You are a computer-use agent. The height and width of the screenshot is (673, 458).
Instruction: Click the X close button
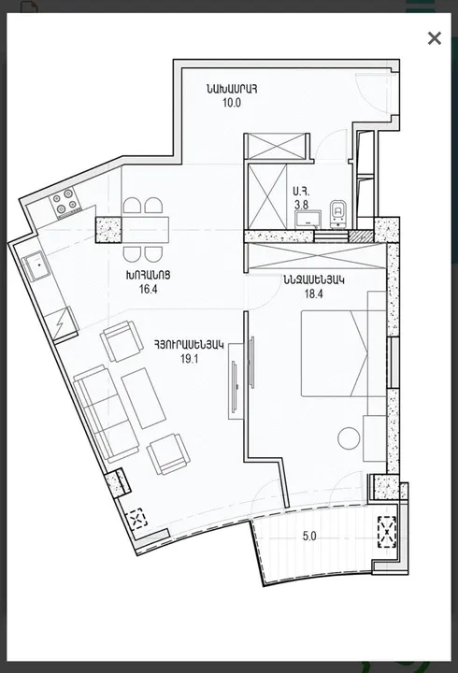[434, 38]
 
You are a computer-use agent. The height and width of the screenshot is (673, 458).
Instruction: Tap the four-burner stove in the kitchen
[64, 203]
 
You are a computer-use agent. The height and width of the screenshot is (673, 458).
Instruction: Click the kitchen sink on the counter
[38, 267]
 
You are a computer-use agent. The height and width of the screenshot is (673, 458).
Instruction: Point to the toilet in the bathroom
[338, 216]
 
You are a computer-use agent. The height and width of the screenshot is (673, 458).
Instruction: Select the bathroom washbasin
[308, 220]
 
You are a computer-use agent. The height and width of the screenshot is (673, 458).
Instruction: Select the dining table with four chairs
[145, 229]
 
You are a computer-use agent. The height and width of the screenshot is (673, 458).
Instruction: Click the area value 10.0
[231, 103]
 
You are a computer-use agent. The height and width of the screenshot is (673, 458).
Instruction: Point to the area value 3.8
[301, 204]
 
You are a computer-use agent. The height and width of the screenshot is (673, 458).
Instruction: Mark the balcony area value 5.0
[308, 537]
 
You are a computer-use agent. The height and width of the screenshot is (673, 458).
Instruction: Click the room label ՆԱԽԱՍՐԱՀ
[231, 89]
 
